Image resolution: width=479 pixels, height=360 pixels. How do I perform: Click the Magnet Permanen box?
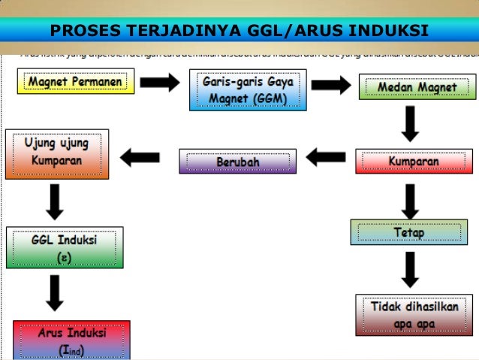point(76,80)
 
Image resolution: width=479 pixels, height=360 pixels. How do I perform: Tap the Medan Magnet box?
point(417,87)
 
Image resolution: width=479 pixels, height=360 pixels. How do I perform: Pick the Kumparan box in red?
point(414,162)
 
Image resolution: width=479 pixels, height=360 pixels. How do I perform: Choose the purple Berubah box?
point(237,162)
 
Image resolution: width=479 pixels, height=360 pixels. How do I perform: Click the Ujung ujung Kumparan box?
point(57,154)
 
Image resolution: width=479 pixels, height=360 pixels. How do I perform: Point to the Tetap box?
point(408,232)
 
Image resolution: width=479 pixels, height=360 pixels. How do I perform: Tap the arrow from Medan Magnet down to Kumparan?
point(410,123)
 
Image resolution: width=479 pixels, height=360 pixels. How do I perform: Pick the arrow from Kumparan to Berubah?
point(325,158)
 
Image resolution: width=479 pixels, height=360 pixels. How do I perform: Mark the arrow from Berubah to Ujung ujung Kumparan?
point(140,158)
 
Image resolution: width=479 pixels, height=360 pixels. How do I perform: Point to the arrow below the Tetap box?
point(410,271)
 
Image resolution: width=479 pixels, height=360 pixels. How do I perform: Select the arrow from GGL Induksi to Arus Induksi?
point(54,293)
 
